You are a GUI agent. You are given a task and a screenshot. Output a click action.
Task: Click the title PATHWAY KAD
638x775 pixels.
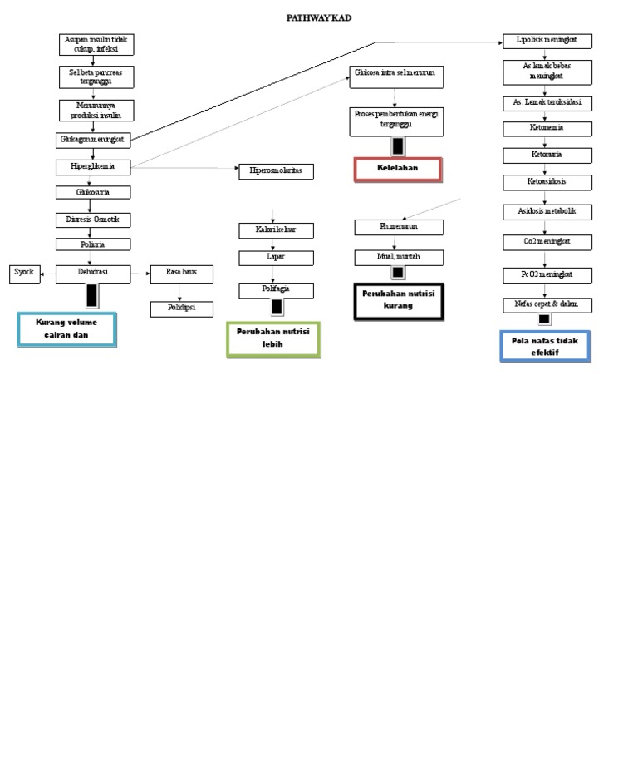pos(319,17)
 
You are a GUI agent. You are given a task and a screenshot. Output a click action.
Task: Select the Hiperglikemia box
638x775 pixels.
pos(94,167)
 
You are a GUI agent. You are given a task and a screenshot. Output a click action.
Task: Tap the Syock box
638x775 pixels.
pos(24,272)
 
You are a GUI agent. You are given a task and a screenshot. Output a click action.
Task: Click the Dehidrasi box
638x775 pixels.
pos(94,272)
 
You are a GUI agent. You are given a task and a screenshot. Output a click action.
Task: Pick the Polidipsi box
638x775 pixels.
pos(181,309)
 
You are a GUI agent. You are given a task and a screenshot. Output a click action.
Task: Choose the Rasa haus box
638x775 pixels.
pos(181,272)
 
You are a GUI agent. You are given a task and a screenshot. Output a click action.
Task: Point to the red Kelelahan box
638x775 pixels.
pos(397,169)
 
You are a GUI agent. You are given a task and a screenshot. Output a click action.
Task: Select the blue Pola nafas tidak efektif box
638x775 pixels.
pos(545,346)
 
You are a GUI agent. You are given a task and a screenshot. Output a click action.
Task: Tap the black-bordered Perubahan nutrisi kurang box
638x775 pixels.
pos(397,301)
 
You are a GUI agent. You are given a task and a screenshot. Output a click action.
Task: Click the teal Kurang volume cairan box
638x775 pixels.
pos(66,329)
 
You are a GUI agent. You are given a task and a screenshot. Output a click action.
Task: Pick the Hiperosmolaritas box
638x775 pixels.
pos(276,170)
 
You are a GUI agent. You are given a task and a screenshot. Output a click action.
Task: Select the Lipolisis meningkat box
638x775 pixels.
pos(547,41)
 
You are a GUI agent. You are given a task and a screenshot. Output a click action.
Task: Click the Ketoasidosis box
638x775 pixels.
pos(547,181)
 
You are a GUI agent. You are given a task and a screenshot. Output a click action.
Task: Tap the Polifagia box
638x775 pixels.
pos(276,289)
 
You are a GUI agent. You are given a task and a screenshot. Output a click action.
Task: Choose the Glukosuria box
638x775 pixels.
pos(94,192)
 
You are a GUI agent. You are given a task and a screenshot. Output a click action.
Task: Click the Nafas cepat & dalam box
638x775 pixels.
pos(547,304)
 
